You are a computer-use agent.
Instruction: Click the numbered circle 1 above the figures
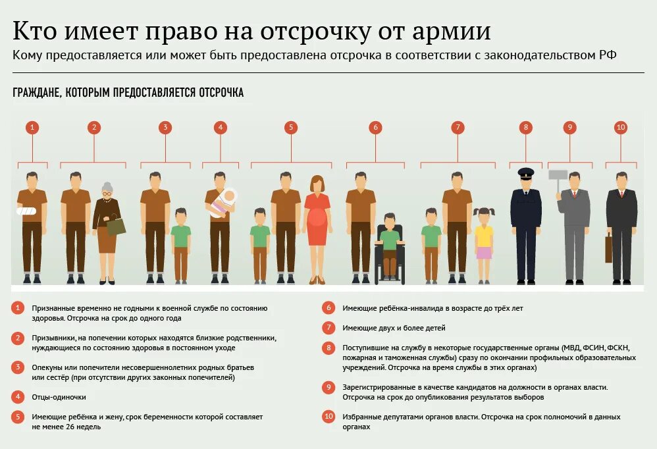[32, 128]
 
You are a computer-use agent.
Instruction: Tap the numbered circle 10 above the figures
[620, 128]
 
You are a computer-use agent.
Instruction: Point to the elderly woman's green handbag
[116, 226]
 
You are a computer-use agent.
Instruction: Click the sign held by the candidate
[558, 175]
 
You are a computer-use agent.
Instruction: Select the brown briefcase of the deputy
[609, 248]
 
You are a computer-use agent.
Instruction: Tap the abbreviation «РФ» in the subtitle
[608, 55]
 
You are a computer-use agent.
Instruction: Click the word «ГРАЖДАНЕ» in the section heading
[37, 93]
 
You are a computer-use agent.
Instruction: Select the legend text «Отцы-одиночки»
[59, 397]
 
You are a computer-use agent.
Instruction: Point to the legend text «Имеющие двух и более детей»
[394, 328]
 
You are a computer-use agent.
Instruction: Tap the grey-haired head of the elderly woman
[107, 189]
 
